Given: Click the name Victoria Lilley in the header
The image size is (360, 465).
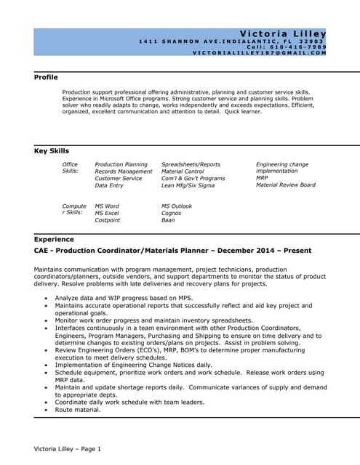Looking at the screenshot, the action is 282,33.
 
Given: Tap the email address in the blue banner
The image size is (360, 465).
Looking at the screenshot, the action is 259,53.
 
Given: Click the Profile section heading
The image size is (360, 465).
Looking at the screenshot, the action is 46,77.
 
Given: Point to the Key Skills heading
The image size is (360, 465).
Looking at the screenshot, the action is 52,151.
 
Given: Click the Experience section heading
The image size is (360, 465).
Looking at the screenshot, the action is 54,238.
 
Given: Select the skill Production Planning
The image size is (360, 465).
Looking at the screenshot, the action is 121,165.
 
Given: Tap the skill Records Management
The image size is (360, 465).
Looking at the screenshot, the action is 124,171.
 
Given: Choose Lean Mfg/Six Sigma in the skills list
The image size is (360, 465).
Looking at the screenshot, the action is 188,185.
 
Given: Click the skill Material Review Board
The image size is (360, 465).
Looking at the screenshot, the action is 286,185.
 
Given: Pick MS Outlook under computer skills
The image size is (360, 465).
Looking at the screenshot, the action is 177,206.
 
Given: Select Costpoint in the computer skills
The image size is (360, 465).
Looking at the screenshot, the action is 108,220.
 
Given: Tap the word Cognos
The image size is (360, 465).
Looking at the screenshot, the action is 172,213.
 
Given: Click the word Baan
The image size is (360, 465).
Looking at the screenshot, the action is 168,220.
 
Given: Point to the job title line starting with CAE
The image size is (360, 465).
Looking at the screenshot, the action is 172,251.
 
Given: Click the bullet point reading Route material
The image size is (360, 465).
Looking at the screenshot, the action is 78,410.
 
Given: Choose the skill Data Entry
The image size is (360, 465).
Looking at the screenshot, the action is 109,185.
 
